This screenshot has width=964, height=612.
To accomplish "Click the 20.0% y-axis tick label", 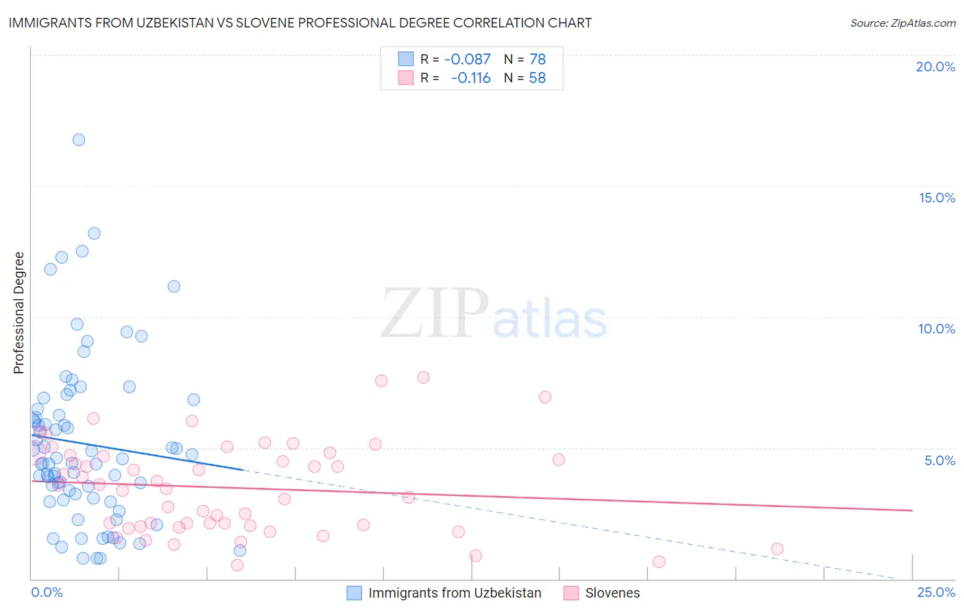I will coord(935,67).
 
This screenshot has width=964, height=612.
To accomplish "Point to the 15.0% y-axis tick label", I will coord(937,198).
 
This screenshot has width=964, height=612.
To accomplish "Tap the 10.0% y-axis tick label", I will coord(937,329).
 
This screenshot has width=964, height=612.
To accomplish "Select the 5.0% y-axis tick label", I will coord(939,460).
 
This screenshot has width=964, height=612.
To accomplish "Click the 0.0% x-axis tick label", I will coord(47,592).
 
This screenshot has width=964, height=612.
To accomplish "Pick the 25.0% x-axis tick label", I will coord(936,592).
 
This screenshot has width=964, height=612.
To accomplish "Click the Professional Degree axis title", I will coord(19,313).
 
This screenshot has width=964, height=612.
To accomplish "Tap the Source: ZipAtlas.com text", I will coord(902,23).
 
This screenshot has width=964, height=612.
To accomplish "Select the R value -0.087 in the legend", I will coord(468,60).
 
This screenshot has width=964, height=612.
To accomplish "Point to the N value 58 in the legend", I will coord(538,78).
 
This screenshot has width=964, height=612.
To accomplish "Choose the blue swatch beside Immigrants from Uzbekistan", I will coord(354,593).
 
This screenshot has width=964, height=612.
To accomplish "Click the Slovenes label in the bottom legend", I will coord(612,593).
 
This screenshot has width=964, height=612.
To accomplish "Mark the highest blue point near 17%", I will coord(79,140).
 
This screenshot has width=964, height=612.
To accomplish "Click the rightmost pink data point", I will coord(777,549).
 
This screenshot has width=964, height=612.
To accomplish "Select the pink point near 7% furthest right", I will coord(545,397).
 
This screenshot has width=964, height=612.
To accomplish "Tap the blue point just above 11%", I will coord(174,287).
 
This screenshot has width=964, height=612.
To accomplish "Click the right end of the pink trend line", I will coord(913,510).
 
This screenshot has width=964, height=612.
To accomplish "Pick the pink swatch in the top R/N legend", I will coord(406,78).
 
